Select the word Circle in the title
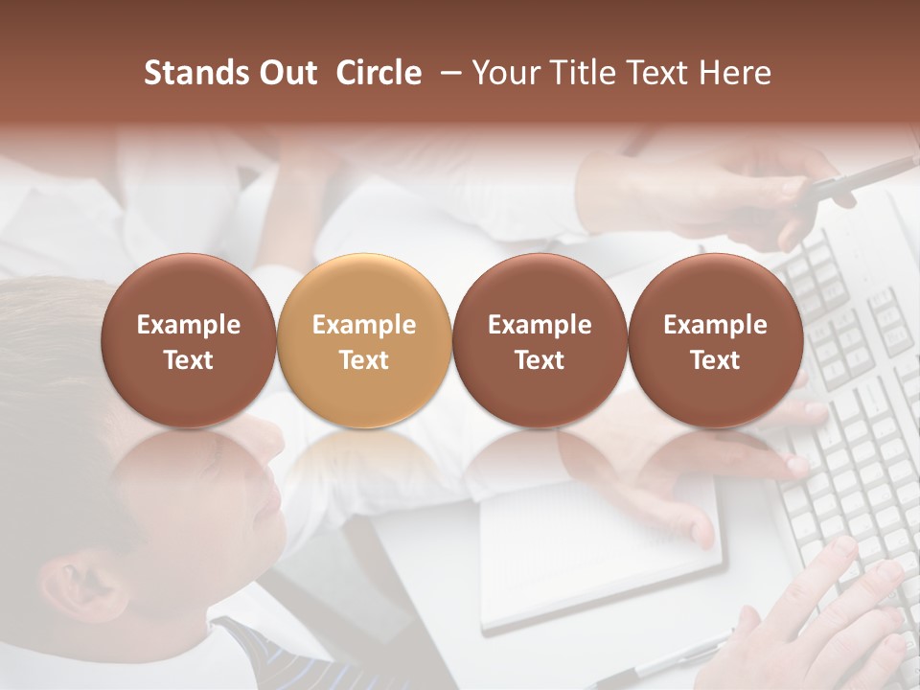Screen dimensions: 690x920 click(379, 74)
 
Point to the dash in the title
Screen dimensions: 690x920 click(447, 74)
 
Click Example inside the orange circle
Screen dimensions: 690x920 click(364, 325)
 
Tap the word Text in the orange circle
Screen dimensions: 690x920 click(364, 360)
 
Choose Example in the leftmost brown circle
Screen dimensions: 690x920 click(189, 325)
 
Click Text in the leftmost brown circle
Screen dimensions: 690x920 click(189, 360)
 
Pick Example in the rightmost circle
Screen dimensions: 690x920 click(715, 325)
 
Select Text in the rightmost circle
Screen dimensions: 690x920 click(715, 360)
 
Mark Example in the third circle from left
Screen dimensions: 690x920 click(540, 325)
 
